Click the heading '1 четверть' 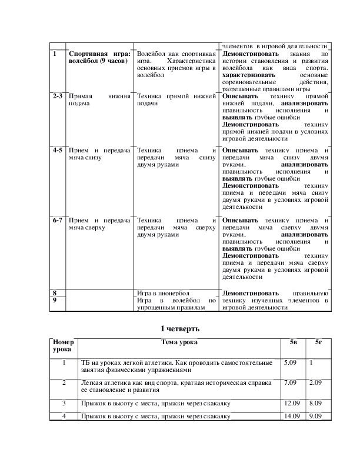(180, 328)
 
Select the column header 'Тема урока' (179, 342)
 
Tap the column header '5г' (318, 342)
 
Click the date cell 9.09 (316, 416)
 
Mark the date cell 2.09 (316, 383)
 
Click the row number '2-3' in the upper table (57, 95)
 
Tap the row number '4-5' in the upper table (57, 150)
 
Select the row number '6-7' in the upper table (57, 220)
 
